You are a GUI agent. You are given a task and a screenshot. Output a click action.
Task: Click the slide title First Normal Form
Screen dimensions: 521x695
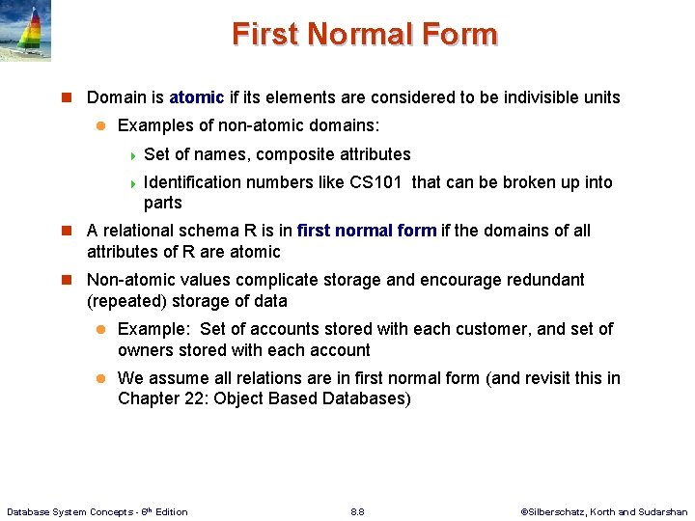pos(364,35)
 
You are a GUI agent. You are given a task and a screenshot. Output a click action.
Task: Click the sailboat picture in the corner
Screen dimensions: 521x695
pos(26,31)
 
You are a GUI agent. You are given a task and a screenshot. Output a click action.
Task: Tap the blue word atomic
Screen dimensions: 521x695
pos(196,97)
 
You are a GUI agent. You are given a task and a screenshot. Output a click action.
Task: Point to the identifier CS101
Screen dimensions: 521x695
pos(375,182)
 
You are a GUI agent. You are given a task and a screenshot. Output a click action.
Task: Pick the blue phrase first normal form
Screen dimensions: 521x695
pos(367,231)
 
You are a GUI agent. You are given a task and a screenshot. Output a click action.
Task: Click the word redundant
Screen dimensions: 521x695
pos(542,280)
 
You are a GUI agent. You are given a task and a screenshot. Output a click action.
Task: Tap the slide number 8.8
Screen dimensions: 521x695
pos(357,511)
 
